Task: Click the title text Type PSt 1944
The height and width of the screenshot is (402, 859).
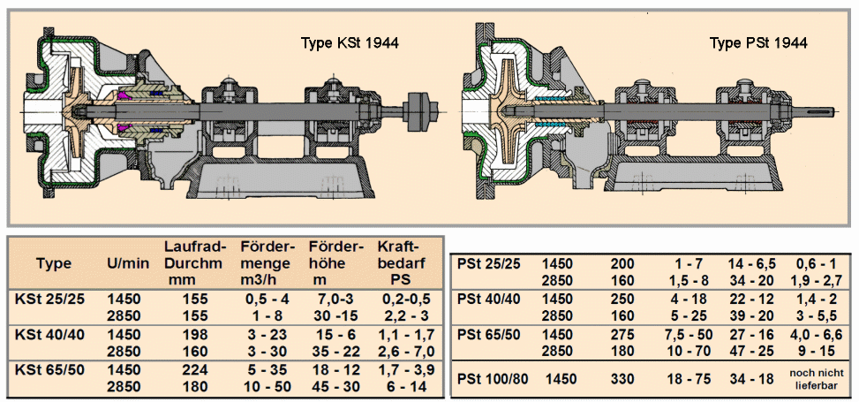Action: (x=759, y=42)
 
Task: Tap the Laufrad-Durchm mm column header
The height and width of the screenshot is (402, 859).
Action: (x=196, y=262)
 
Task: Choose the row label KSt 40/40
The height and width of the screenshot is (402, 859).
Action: (x=50, y=334)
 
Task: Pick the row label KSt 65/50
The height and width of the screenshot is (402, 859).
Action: (x=50, y=369)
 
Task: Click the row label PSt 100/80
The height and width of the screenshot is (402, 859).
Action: (x=495, y=379)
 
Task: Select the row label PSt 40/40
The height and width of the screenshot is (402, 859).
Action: (x=491, y=299)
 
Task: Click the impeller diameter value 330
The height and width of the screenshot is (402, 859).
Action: (x=624, y=379)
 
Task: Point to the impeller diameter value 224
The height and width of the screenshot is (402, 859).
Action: (x=196, y=369)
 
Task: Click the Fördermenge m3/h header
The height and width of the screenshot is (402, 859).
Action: (x=266, y=262)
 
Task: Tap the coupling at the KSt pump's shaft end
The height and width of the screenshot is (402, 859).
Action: (x=422, y=111)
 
